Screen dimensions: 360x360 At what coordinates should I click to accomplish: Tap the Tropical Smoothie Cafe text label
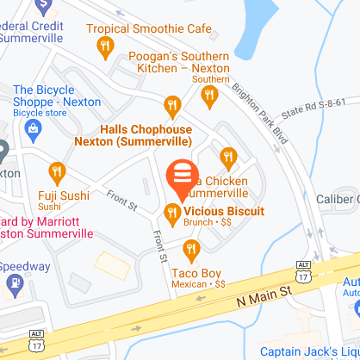pyautogui.click(x=164, y=28)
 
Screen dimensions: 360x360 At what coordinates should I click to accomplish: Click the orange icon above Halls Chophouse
pyautogui.click(x=172, y=107)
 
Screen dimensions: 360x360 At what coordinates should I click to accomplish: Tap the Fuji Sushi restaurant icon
pyautogui.click(x=58, y=171)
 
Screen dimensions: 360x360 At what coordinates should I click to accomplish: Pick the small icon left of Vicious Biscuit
pyautogui.click(x=172, y=212)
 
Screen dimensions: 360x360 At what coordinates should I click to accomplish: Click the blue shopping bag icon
pyautogui.click(x=34, y=131)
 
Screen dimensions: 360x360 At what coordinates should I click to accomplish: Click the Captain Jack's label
pyautogui.click(x=310, y=349)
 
